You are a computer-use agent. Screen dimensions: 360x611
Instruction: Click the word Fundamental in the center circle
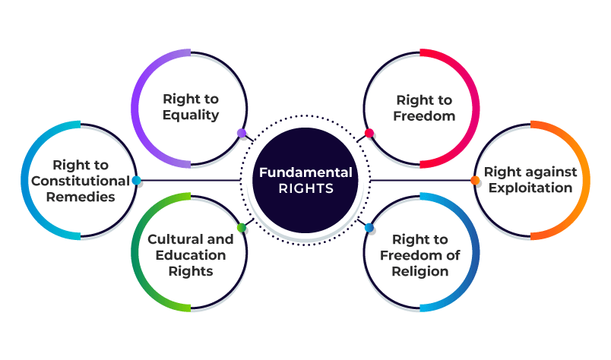[305, 172]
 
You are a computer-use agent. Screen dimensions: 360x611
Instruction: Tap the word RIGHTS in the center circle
[305, 189]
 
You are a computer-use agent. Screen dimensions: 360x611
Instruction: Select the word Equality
[190, 115]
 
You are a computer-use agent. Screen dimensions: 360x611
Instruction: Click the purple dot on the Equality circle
[242, 133]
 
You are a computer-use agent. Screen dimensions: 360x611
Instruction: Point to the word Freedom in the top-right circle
[424, 116]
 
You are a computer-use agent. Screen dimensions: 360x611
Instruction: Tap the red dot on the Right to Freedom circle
[369, 134]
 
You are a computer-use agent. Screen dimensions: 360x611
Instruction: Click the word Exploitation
[531, 188]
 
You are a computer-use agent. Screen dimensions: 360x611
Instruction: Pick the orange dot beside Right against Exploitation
[475, 181]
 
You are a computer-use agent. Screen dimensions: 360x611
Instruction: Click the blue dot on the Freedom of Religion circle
[369, 228]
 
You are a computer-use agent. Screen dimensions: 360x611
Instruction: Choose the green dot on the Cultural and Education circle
[242, 228]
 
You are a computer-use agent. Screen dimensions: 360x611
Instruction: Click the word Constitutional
[81, 181]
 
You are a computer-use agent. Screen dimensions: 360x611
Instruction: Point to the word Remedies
[80, 197]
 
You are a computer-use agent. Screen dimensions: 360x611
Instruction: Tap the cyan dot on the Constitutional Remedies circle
[136, 181]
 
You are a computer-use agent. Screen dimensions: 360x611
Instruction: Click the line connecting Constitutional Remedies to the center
[190, 181]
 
